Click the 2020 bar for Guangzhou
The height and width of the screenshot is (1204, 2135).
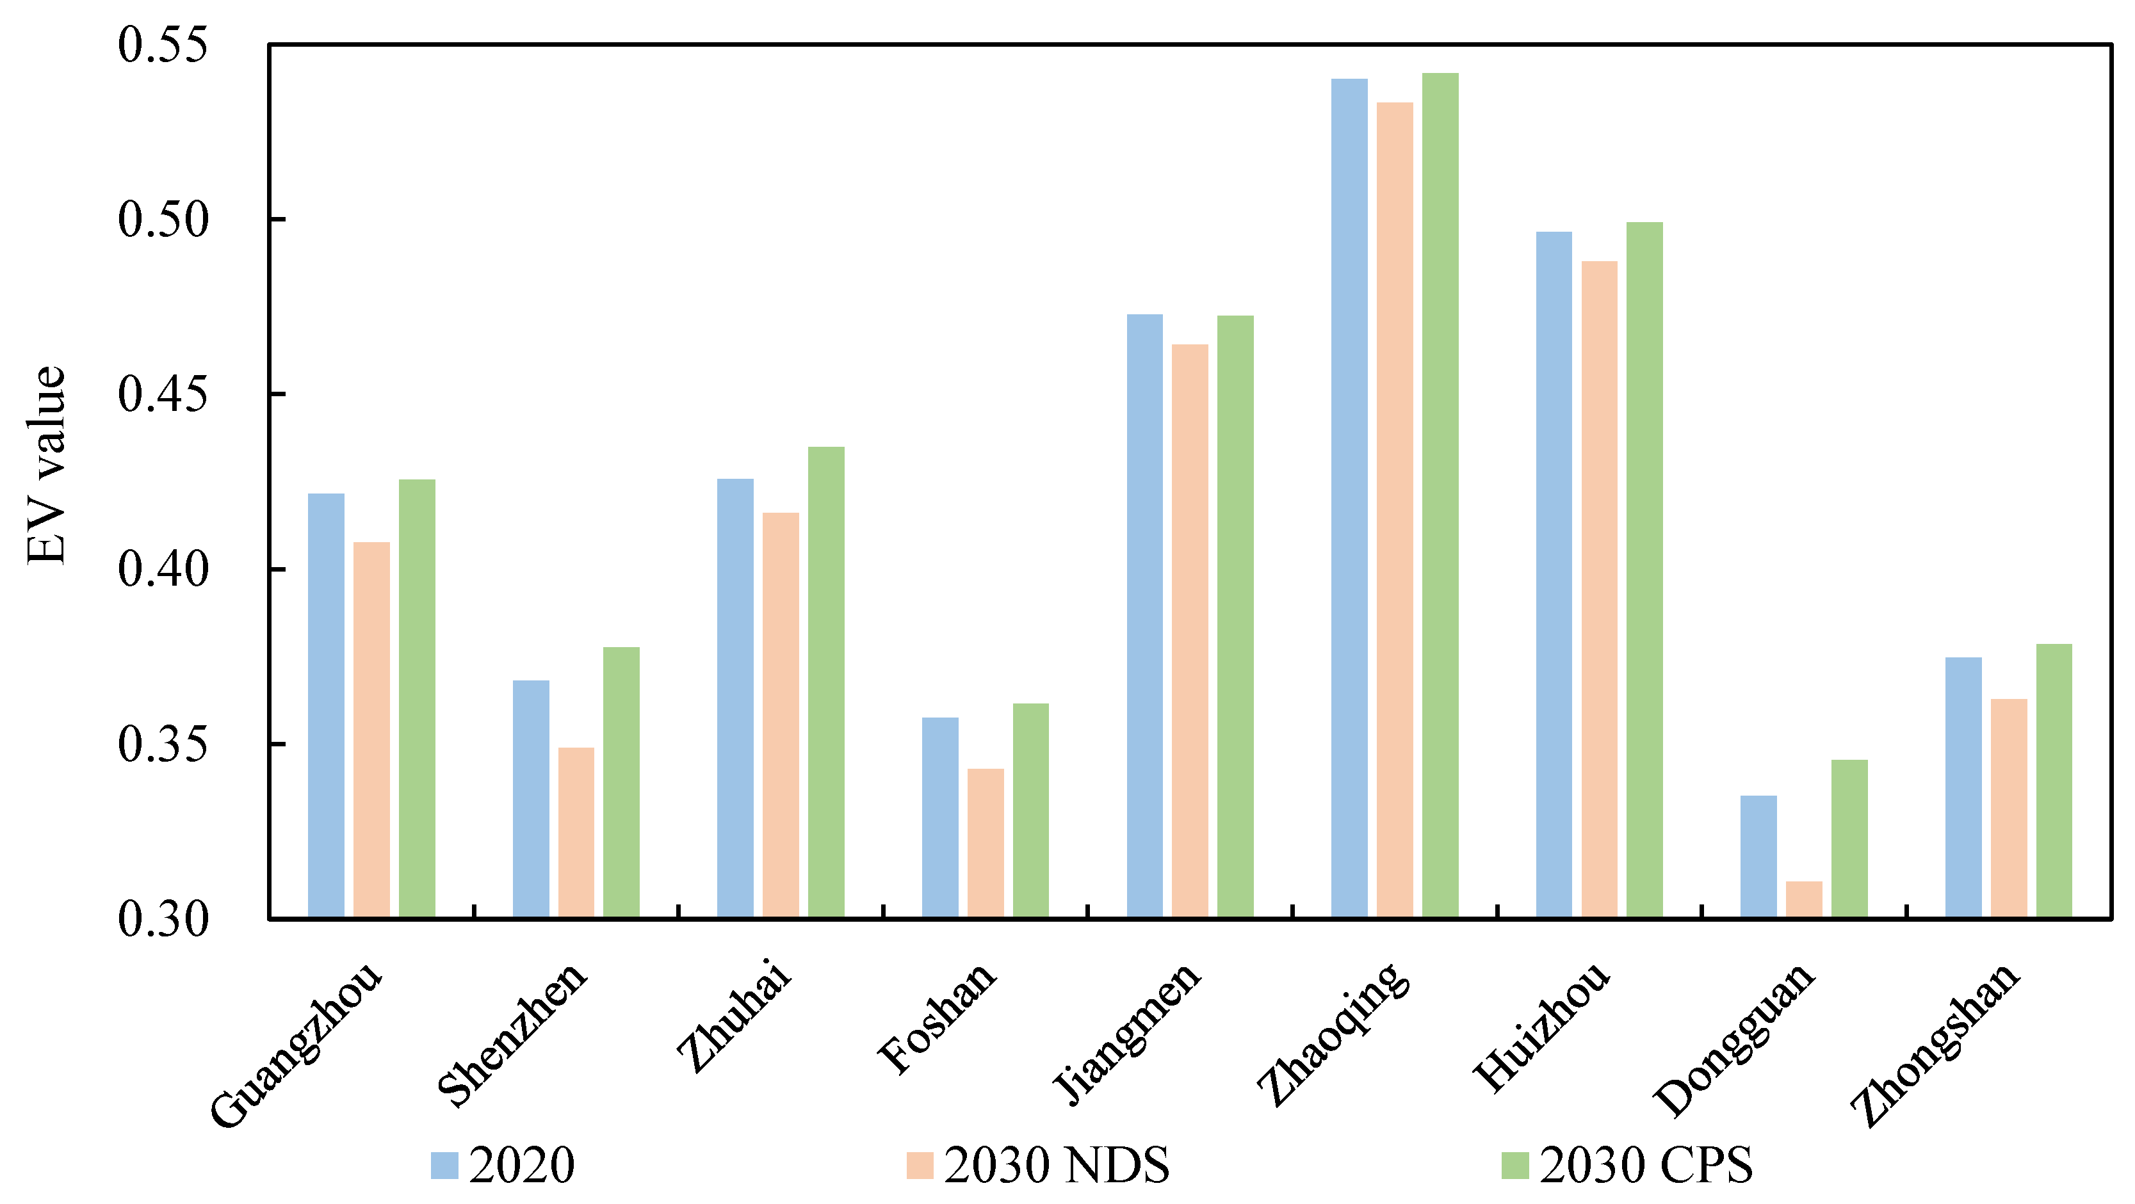coord(326,704)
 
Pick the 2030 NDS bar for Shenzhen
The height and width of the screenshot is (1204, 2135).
coord(576,832)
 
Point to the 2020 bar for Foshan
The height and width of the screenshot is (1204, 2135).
coord(940,817)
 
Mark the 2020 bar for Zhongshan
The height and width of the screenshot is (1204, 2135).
coord(1963,787)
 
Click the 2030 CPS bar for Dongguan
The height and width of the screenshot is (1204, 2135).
coord(1849,838)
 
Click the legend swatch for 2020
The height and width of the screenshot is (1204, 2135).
coord(444,1165)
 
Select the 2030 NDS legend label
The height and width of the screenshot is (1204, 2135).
coord(1056,1165)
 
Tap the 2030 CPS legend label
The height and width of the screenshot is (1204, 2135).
coord(1646,1165)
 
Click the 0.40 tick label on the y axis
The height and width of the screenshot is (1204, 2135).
coord(163,569)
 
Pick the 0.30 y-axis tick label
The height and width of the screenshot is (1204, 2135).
coord(163,919)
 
